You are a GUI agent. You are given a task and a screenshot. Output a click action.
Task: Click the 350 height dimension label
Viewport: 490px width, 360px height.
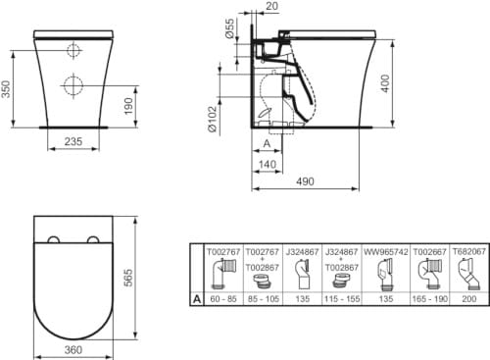point(8,89)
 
